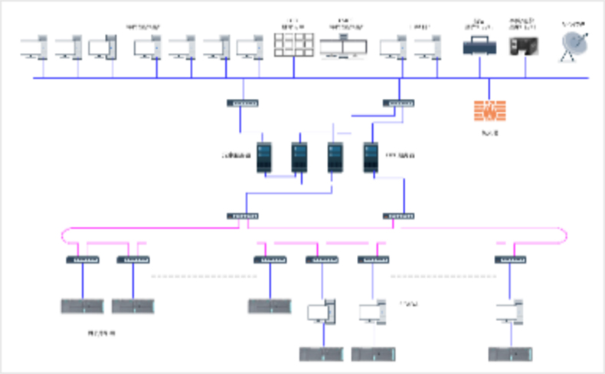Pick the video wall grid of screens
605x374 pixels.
[x=293, y=44]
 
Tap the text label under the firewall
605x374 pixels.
[x=489, y=133]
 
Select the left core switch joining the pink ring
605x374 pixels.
[x=242, y=216]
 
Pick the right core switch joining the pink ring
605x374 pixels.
[x=398, y=216]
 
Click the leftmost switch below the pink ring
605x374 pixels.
[x=82, y=260]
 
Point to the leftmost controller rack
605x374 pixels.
[x=82, y=307]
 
